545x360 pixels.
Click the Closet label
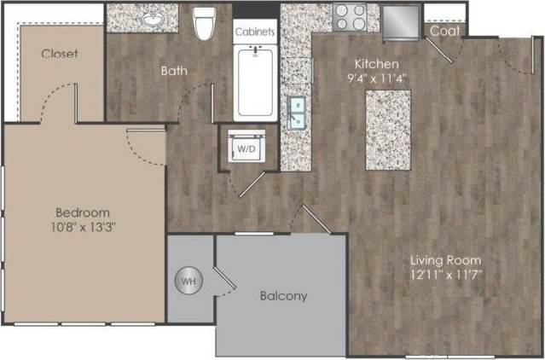[60, 53]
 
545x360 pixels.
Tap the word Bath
[174, 71]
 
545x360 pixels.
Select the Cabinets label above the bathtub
[255, 32]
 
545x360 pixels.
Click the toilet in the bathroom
[204, 24]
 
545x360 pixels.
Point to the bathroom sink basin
[156, 17]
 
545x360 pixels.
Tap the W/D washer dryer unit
[246, 148]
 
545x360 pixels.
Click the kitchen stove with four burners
[349, 18]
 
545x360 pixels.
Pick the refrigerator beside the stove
[401, 22]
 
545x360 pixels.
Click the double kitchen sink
[298, 112]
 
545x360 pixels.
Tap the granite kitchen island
[387, 129]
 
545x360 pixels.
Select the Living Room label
[446, 259]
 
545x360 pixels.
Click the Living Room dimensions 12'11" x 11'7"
[446, 274]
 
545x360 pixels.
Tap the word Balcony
[282, 296]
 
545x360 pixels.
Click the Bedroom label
[83, 212]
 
